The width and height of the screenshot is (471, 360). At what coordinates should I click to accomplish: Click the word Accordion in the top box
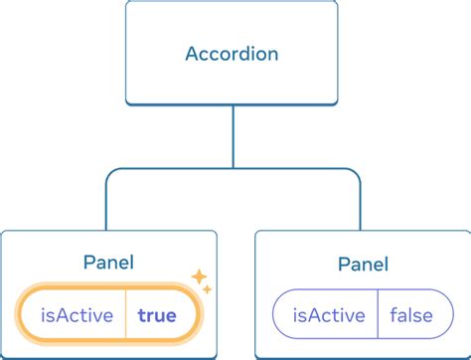(234, 53)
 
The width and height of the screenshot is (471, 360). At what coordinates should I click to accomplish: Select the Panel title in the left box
(109, 263)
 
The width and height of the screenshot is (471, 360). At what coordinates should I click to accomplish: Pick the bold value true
(157, 316)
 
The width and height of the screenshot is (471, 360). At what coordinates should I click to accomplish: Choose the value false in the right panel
(410, 316)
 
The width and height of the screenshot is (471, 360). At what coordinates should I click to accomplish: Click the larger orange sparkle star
(198, 275)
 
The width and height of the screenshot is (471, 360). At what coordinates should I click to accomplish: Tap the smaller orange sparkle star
(207, 288)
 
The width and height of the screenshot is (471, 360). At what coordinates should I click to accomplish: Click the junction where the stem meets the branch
(234, 169)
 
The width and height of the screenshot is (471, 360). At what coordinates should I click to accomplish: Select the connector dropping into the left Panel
(108, 204)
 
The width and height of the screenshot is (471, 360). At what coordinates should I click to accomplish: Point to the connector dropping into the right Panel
(359, 204)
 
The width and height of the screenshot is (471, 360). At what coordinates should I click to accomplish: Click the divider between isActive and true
(125, 316)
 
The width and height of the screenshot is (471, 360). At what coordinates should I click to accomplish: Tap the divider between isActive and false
(378, 316)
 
